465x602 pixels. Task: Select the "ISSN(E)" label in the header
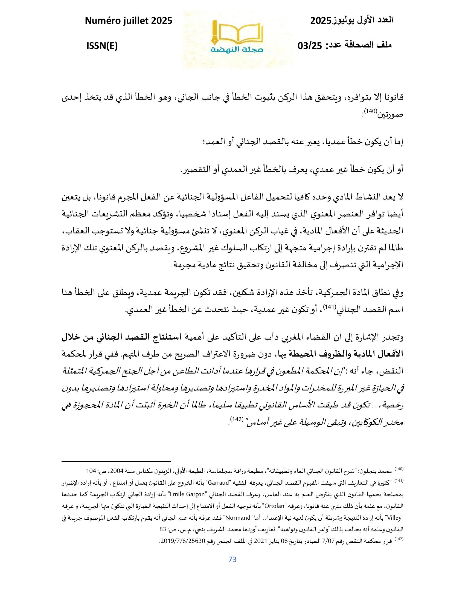click(x=102, y=46)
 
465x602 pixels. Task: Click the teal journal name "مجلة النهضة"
click(x=237, y=50)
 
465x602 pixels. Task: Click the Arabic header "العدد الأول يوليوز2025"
click(x=351, y=21)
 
